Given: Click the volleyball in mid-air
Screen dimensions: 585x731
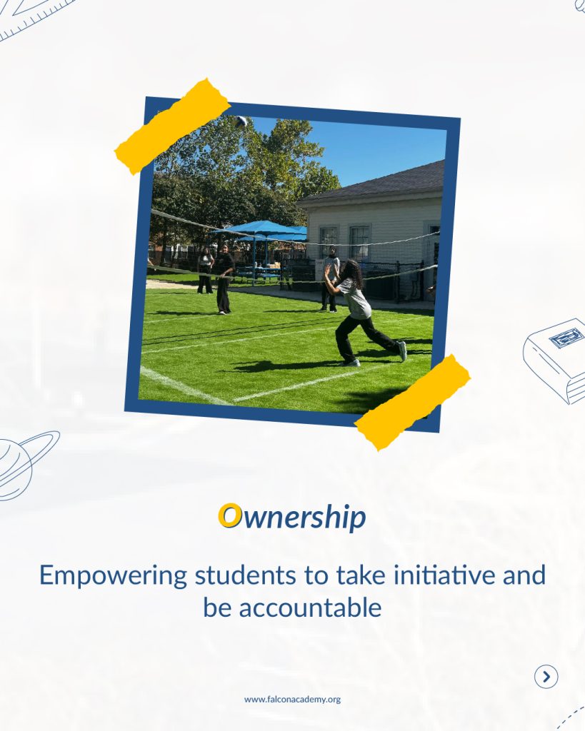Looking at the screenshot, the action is [x=240, y=121].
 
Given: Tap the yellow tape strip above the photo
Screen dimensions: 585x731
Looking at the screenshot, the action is [x=173, y=126].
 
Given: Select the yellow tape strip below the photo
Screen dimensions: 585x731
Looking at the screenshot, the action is [x=412, y=402].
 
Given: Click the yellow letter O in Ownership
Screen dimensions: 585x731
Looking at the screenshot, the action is [x=229, y=515].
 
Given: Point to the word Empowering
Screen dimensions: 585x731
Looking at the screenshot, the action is [x=113, y=576].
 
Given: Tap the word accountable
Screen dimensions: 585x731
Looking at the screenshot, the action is [x=310, y=608].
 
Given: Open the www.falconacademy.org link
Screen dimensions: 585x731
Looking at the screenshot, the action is [x=293, y=700].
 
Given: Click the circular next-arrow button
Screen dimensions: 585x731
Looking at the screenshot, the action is [x=546, y=677].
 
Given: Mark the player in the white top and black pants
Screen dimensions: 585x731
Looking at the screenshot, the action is [x=330, y=279].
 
